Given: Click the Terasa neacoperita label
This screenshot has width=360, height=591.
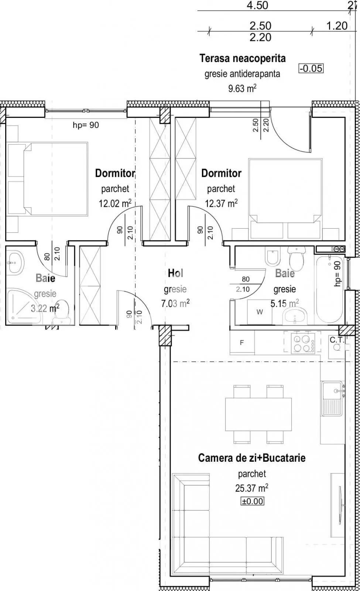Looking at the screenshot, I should [x=243, y=58].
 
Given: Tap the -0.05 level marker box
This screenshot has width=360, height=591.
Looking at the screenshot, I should [x=311, y=68].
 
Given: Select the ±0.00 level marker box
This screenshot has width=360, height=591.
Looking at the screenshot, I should [x=253, y=501].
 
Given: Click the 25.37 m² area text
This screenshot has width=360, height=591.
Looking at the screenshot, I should [x=251, y=488].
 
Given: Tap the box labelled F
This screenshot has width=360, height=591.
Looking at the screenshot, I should [x=242, y=343].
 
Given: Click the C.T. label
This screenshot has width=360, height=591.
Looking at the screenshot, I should [x=336, y=339].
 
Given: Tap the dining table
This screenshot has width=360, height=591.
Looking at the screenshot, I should [x=258, y=414].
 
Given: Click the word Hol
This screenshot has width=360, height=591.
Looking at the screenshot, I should [x=175, y=273].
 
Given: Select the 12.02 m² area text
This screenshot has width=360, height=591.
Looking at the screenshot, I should [x=115, y=203].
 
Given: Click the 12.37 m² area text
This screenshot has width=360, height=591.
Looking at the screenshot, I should [x=221, y=203].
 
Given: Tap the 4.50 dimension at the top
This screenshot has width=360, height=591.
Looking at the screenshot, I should [x=257, y=5].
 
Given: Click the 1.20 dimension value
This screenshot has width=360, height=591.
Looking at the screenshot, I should [x=337, y=25].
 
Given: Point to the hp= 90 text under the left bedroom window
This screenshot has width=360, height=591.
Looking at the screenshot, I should [x=86, y=125].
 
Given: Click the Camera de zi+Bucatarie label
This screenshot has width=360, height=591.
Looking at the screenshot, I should [x=252, y=458].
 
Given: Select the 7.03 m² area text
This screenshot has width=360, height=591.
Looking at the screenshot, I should [x=175, y=304].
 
